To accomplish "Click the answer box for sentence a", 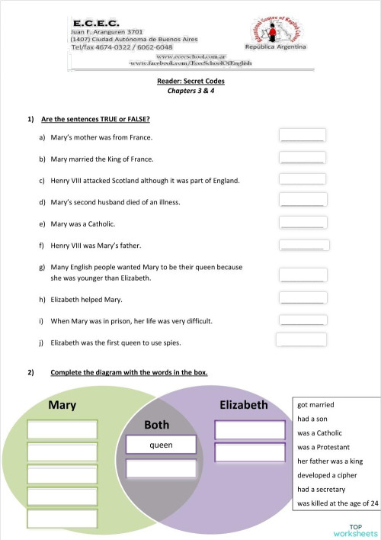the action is (x=303, y=135).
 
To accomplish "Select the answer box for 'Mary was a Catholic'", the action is (x=303, y=222).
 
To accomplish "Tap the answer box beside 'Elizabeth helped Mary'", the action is (x=303, y=298).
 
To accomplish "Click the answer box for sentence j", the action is (x=302, y=340).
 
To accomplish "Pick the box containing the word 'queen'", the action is (x=161, y=445).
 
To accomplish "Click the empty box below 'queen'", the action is (x=161, y=468).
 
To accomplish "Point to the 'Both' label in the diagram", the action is (x=156, y=424).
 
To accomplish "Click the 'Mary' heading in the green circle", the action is (x=62, y=405).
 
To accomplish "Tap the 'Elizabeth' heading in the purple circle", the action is (x=243, y=405).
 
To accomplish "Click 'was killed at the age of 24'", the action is (x=338, y=503).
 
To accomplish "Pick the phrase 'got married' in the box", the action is (x=316, y=404).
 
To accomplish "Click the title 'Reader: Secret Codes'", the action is (x=190, y=80).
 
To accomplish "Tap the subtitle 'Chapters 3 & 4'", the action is (x=190, y=90).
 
